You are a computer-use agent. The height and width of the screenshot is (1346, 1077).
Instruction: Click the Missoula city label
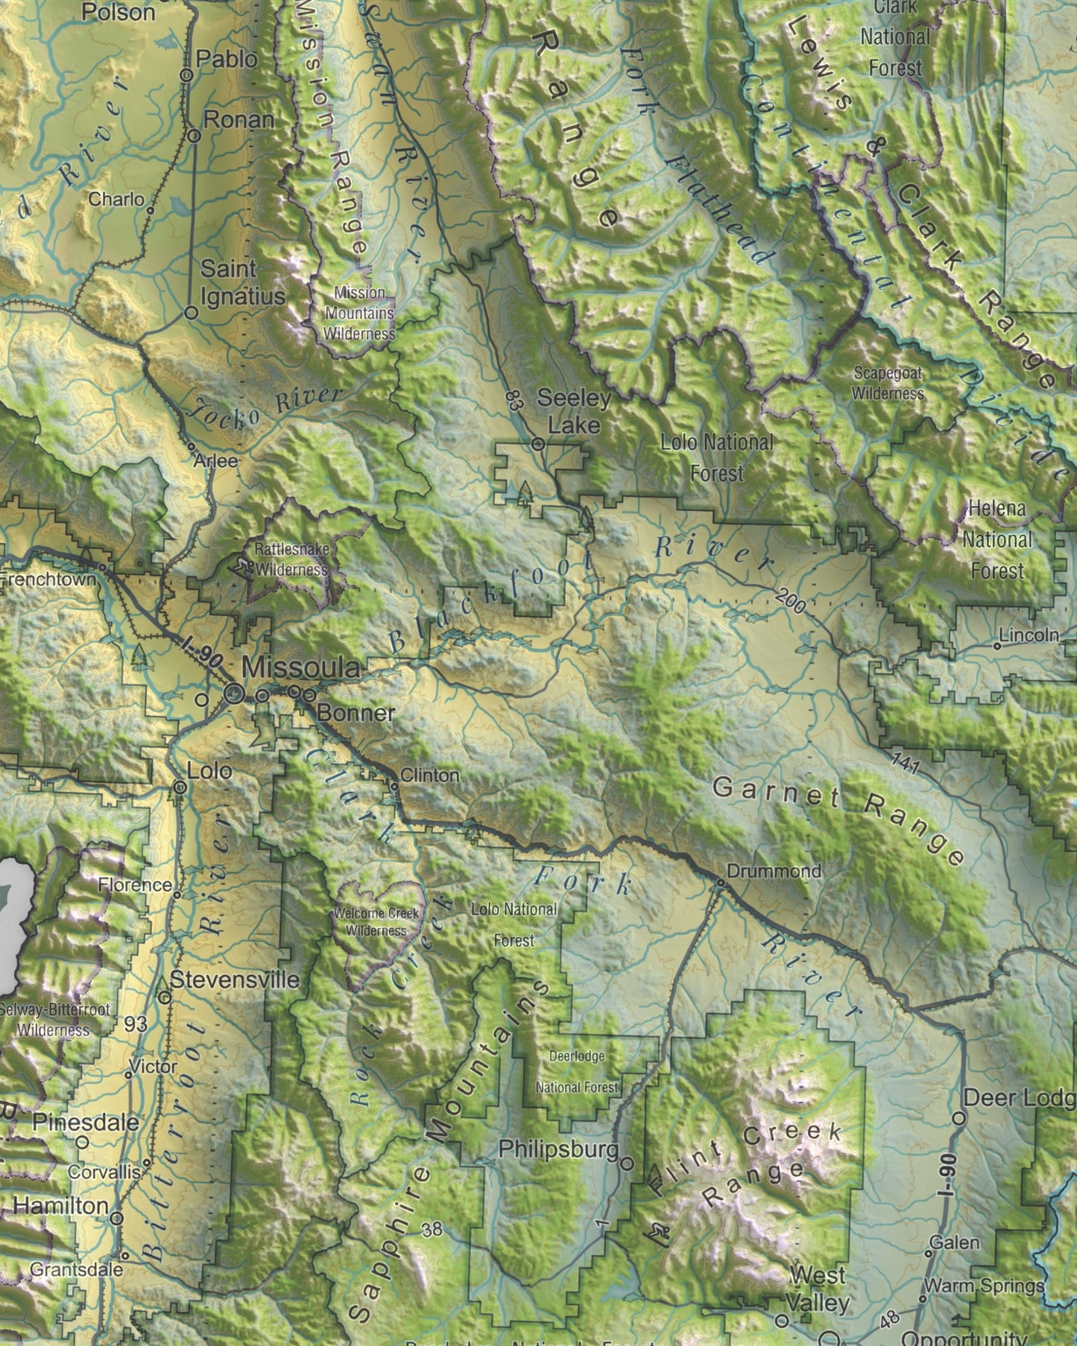pyautogui.click(x=301, y=668)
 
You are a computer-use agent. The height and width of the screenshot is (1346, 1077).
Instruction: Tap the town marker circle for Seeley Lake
pyautogui.click(x=539, y=444)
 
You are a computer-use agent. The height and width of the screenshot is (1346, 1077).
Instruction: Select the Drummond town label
pyautogui.click(x=774, y=871)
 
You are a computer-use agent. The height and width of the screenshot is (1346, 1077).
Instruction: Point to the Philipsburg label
pyautogui.click(x=558, y=1149)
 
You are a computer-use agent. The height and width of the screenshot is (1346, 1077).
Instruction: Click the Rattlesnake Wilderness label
pyautogui.click(x=291, y=559)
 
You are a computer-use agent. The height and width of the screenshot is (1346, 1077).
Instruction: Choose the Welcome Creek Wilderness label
pyautogui.click(x=376, y=921)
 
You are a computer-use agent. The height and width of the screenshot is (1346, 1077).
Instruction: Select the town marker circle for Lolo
pyautogui.click(x=180, y=787)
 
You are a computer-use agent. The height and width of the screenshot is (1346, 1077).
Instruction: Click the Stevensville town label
pyautogui.click(x=234, y=980)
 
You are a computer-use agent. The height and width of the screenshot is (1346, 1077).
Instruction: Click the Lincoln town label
pyautogui.click(x=1029, y=635)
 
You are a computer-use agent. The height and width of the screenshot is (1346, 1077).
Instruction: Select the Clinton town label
pyautogui.click(x=429, y=775)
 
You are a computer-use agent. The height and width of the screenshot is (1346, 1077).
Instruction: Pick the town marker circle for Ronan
pyautogui.click(x=194, y=136)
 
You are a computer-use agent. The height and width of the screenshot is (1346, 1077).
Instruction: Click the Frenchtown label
pyautogui.click(x=48, y=579)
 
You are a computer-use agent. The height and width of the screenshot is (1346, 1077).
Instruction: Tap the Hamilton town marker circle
pyautogui.click(x=117, y=1218)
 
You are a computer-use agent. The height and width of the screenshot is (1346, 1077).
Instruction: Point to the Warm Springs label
pyautogui.click(x=984, y=1286)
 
